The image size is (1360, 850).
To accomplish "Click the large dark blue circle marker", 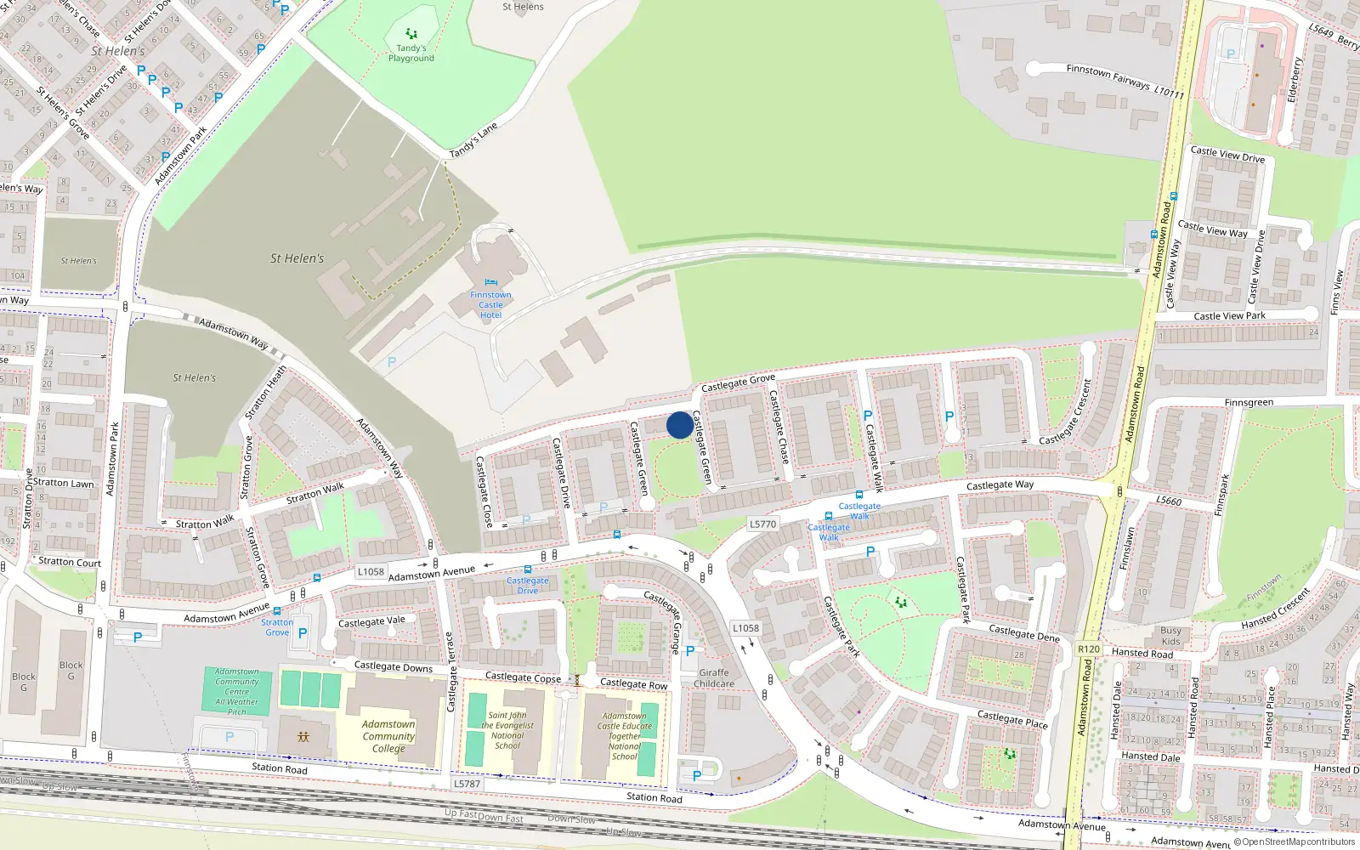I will click(x=679, y=425).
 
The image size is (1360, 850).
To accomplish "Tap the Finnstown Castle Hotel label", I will click(x=490, y=304).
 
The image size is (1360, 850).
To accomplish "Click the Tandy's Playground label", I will click(x=411, y=53).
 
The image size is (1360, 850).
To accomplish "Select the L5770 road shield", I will click(x=762, y=524).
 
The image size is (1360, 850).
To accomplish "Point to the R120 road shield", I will click(x=1088, y=649).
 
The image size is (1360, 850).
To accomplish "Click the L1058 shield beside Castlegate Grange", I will click(x=745, y=628).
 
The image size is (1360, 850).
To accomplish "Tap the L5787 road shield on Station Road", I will click(x=467, y=784).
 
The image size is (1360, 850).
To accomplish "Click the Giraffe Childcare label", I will click(x=714, y=677).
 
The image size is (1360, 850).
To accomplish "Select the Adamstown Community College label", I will click(x=388, y=736).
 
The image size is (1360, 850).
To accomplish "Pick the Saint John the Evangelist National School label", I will click(x=507, y=730).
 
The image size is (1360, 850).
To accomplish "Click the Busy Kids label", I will click(x=1170, y=636).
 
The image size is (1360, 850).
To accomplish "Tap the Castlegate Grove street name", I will click(x=738, y=383).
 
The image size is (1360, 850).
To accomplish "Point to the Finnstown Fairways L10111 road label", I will click(x=1125, y=81).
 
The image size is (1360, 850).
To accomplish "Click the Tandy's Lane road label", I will click(x=473, y=140).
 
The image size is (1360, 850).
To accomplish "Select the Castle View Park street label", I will click(x=1229, y=316).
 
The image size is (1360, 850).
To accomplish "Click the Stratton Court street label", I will click(x=70, y=562).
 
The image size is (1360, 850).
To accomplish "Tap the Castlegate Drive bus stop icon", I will click(x=528, y=570).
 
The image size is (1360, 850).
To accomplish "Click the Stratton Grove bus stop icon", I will click(x=277, y=610).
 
